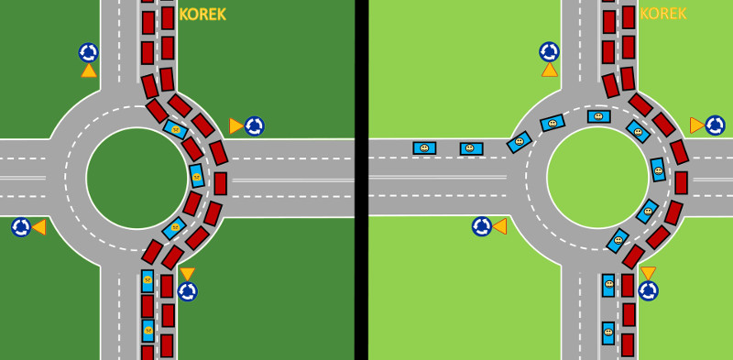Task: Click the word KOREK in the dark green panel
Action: coord(202,15)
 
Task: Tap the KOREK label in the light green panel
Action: coord(662,14)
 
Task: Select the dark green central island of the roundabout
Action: coord(137,178)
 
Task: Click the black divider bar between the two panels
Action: coord(361,180)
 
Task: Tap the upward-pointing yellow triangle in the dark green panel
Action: coord(88,71)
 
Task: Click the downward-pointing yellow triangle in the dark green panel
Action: coord(188,274)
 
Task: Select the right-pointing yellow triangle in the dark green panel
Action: coord(236,125)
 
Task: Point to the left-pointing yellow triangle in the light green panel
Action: coord(499,226)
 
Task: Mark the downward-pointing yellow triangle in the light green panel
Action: coord(649,273)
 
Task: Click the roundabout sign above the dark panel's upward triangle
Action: coord(88,53)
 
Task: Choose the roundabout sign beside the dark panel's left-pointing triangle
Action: coord(21,227)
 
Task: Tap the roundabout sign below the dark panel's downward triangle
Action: coord(188,291)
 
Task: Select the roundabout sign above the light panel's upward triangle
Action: coord(549,52)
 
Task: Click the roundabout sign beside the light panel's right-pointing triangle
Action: coord(715,125)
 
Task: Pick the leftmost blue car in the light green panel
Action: coord(424,147)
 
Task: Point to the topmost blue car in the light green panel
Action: coord(599,116)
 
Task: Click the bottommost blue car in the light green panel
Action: coord(608,333)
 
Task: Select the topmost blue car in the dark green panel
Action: coord(176,129)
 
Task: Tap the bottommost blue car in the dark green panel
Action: coord(148,331)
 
